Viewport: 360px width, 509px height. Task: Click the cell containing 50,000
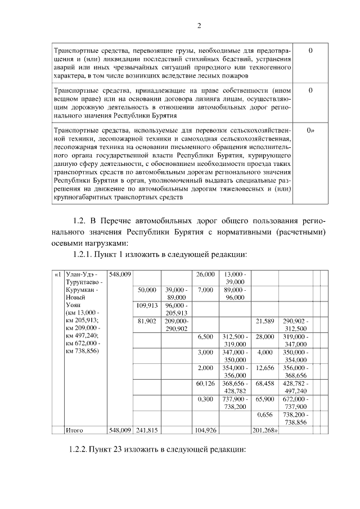coord(146,290)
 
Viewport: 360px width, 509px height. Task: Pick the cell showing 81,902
coord(146,321)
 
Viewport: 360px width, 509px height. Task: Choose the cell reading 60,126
coord(205,384)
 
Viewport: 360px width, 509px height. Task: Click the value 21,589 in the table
coord(265,321)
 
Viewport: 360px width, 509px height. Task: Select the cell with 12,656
coord(265,368)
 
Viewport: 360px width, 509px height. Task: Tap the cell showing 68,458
coord(265,384)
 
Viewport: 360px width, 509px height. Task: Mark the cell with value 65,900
coord(265,399)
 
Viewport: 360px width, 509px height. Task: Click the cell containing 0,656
coord(265,415)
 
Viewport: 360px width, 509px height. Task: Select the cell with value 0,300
coord(205,399)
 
